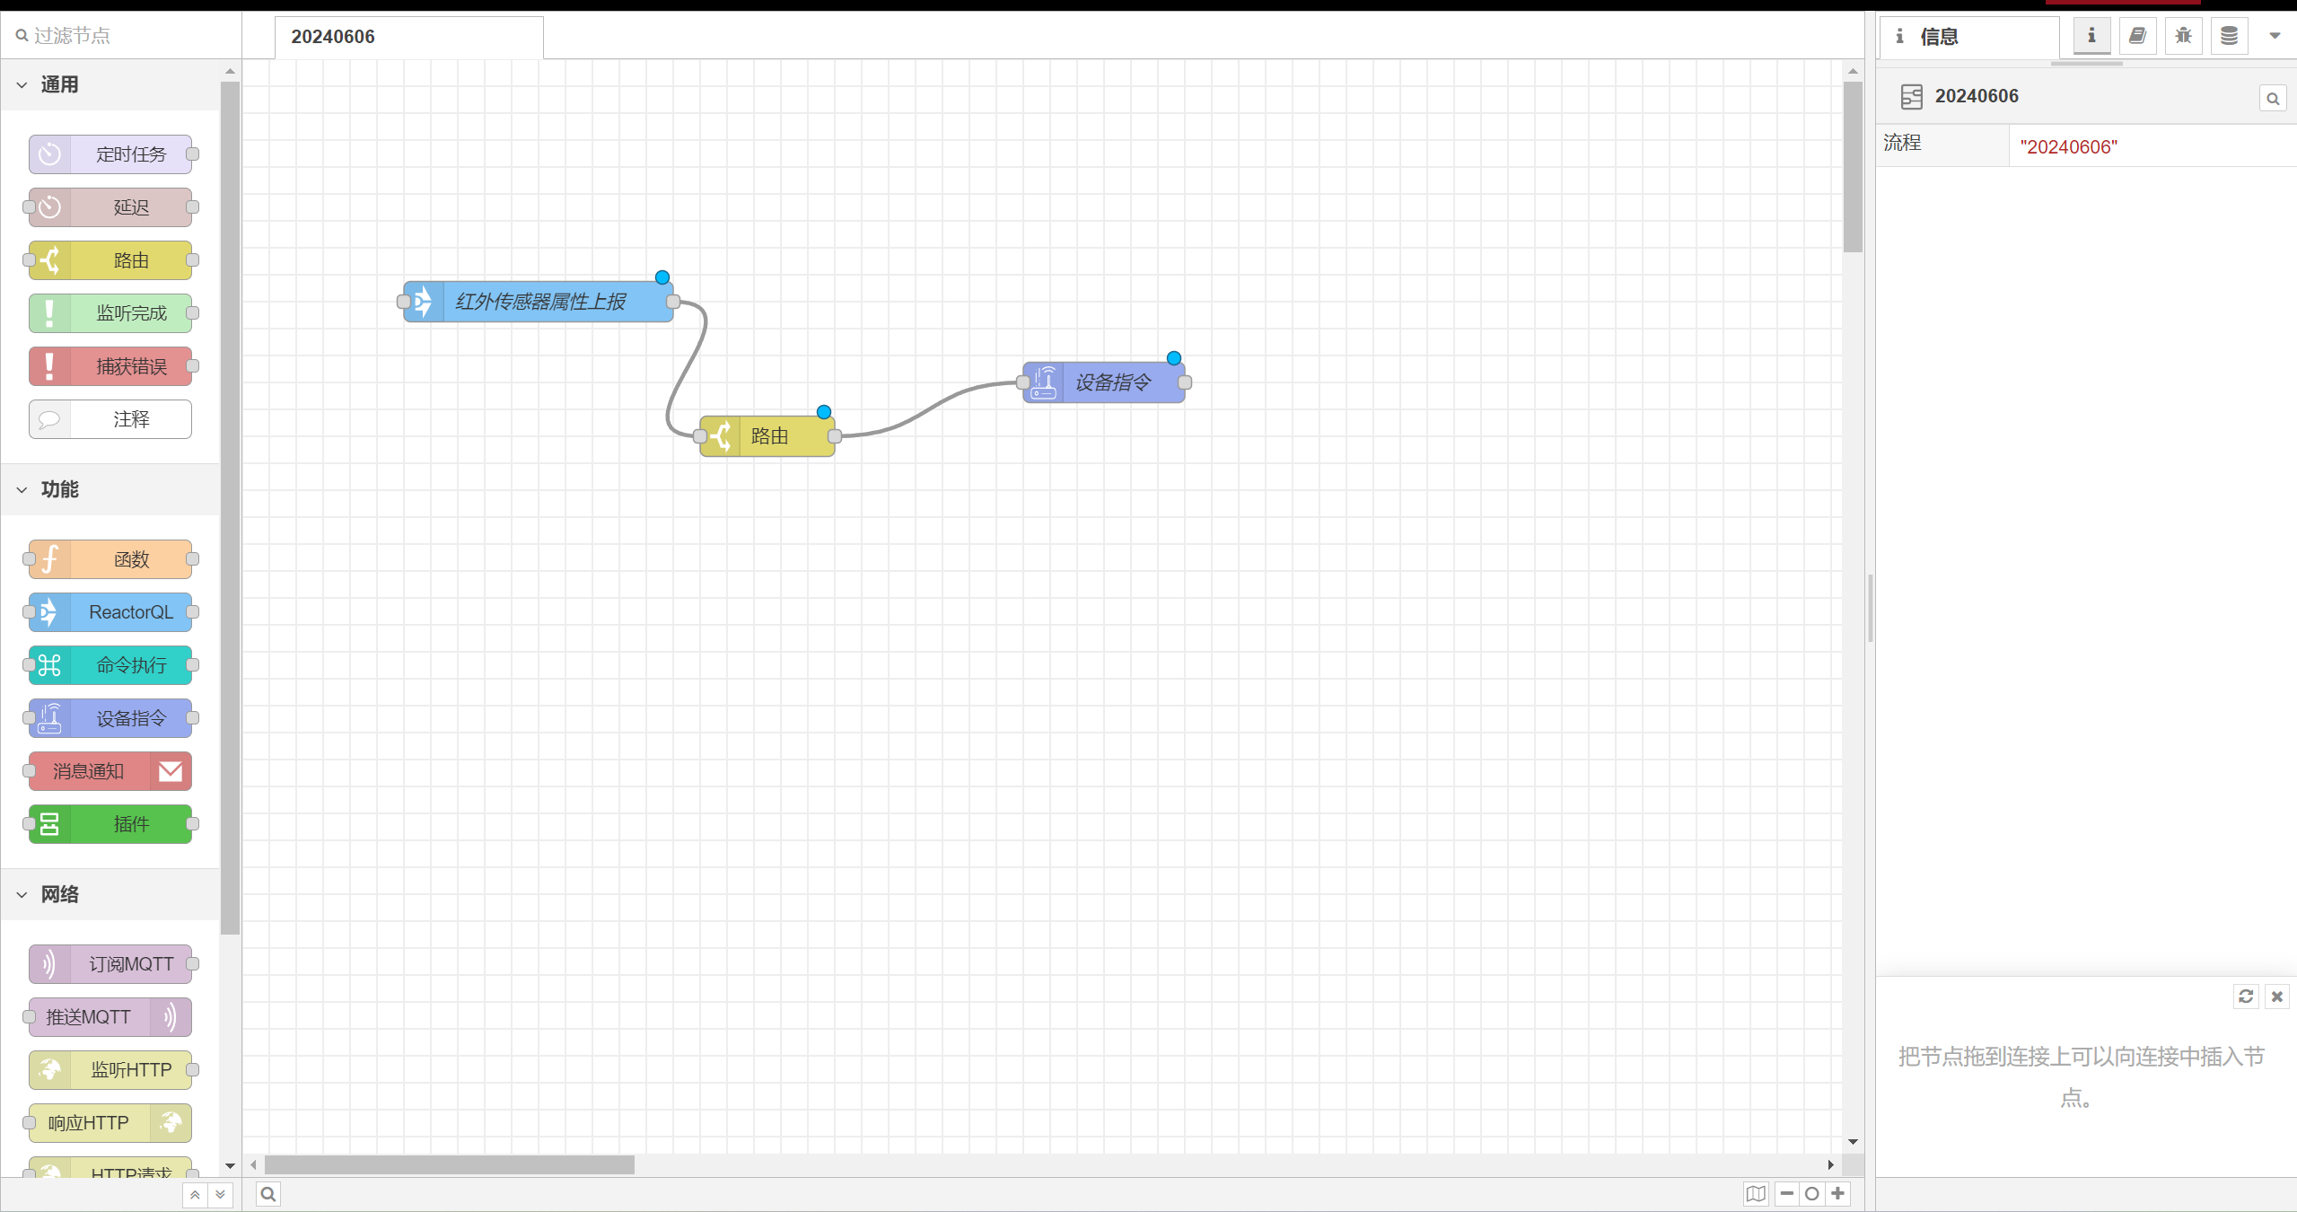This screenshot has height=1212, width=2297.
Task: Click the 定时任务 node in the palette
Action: [x=110, y=154]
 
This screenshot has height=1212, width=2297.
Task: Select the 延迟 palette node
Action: [x=110, y=207]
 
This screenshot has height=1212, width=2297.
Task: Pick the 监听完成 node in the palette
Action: [x=110, y=313]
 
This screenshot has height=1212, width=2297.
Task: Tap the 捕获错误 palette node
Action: [x=110, y=366]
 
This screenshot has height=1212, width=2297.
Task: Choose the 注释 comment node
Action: [x=110, y=419]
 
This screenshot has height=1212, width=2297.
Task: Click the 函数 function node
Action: [x=110, y=559]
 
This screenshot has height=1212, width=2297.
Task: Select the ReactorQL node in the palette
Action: [x=110, y=612]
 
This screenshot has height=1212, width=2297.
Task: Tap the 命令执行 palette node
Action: [x=110, y=665]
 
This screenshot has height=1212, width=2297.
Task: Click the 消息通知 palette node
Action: [x=110, y=771]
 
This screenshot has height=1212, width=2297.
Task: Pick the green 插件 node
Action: [x=110, y=824]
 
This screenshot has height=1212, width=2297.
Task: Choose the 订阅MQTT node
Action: [x=110, y=964]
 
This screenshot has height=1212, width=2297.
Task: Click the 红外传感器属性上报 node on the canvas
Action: [x=539, y=302]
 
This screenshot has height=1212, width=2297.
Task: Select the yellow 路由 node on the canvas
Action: [x=767, y=436]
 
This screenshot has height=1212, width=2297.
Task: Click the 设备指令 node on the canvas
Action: [x=1104, y=382]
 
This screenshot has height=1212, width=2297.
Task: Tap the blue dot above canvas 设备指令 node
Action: [x=1174, y=358]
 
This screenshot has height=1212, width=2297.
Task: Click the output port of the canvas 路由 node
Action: [x=835, y=436]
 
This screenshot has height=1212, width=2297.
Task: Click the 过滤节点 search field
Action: [x=126, y=36]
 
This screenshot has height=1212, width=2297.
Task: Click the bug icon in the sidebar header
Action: [x=2183, y=36]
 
